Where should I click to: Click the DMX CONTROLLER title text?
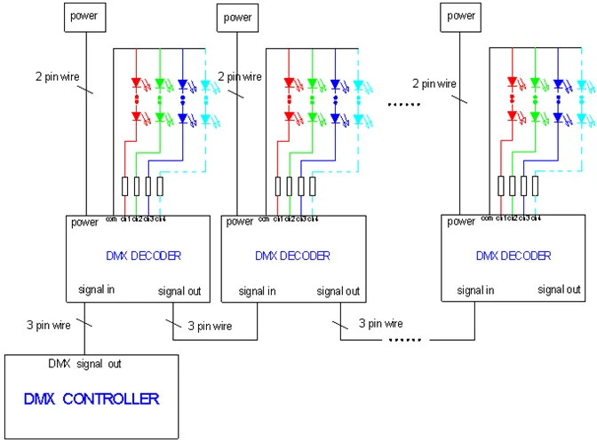(104, 399)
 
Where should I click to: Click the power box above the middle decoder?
(237, 16)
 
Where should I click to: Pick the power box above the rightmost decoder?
(461, 15)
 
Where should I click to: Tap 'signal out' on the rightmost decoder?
(561, 289)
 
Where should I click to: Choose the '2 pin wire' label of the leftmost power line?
(58, 77)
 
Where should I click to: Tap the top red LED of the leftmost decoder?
(137, 85)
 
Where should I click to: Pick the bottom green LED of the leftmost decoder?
(160, 117)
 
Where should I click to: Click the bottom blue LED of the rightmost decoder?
(558, 117)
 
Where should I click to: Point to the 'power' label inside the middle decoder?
(240, 222)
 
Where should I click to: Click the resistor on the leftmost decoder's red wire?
(124, 186)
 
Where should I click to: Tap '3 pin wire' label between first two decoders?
(211, 326)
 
